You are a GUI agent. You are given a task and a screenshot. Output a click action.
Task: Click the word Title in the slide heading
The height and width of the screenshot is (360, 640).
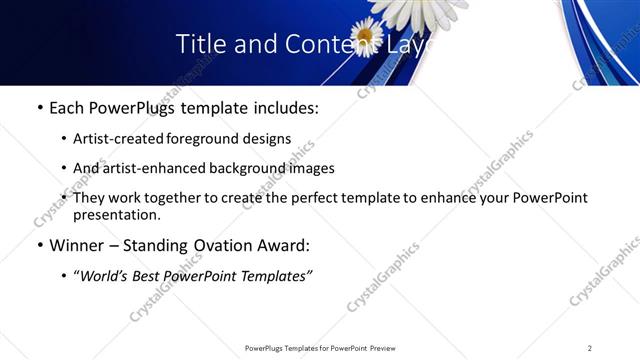[199, 44]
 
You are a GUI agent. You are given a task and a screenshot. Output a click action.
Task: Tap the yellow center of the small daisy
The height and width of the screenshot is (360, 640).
[366, 37]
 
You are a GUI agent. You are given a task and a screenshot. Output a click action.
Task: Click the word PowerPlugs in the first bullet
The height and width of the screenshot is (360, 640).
[130, 108]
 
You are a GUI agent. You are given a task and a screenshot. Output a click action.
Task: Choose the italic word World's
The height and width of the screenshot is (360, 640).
[105, 275]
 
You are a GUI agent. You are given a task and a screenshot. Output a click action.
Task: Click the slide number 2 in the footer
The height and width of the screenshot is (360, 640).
[590, 348]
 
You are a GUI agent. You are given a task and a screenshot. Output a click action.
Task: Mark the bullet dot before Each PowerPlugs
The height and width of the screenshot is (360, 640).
[39, 108]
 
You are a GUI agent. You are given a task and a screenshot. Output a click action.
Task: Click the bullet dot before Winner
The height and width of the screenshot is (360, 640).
[39, 245]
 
